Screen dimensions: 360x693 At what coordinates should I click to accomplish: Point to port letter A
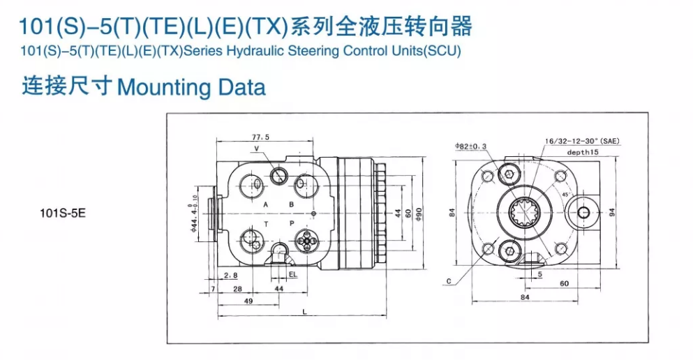pyautogui.click(x=266, y=205)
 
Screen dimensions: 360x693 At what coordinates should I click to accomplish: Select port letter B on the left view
pyautogui.click(x=292, y=205)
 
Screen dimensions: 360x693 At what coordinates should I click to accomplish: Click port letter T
pyautogui.click(x=266, y=224)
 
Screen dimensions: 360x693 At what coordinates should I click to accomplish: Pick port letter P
pyautogui.click(x=292, y=224)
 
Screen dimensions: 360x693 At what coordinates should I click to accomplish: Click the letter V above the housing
pyautogui.click(x=256, y=149)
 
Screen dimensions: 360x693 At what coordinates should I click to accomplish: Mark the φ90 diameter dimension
pyautogui.click(x=419, y=212)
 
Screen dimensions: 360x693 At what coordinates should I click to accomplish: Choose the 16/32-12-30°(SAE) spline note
pyautogui.click(x=582, y=141)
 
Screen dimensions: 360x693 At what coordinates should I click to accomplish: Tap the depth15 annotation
pyautogui.click(x=583, y=151)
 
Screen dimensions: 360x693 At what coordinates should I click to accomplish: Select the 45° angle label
pyautogui.click(x=563, y=195)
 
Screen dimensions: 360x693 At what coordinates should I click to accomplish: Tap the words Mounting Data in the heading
pyautogui.click(x=191, y=87)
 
